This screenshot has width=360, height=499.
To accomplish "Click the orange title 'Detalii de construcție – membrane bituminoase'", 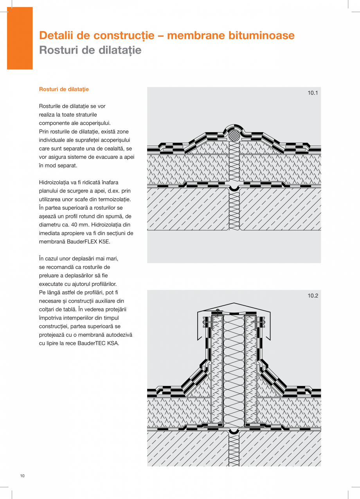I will pos(167,36).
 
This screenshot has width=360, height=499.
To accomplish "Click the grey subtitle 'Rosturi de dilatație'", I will pos(90,50).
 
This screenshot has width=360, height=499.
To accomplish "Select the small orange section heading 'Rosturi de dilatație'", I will pos(64,89).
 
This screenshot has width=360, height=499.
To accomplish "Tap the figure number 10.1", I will pos(313,93).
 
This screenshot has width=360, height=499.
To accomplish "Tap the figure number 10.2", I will pos(313,296).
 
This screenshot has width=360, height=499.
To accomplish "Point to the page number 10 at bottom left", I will pos(22,476).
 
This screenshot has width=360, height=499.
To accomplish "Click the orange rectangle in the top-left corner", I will pos(20,38).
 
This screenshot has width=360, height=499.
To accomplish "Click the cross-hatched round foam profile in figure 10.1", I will pos(234,136).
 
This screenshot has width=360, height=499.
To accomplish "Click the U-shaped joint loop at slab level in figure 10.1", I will pos(234,188).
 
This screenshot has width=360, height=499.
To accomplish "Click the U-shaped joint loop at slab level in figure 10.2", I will pos(234,431).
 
